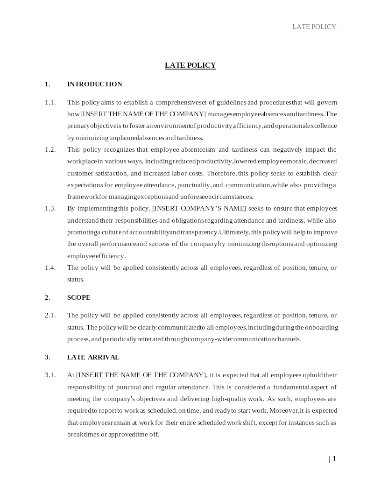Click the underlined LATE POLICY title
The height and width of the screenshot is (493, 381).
[x=190, y=65]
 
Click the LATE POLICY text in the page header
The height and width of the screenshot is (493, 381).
[x=314, y=27]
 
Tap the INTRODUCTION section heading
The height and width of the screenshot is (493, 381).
[x=95, y=84]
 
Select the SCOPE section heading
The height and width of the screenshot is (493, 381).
[x=79, y=297]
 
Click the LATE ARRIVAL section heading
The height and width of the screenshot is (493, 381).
[x=93, y=357]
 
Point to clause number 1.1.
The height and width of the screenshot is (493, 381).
[x=50, y=102]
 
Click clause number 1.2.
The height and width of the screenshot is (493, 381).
[x=50, y=149]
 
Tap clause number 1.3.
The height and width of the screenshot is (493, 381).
[x=50, y=208]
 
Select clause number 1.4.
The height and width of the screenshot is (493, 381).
[x=50, y=268]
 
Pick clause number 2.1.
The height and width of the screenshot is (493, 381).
[x=50, y=315]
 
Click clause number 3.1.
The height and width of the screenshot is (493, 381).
[x=50, y=375]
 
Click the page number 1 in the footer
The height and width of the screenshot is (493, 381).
[x=334, y=459]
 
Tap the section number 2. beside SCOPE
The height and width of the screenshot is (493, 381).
[x=48, y=297]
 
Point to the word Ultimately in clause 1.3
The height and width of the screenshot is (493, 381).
[x=234, y=232]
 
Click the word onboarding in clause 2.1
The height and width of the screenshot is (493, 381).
[x=322, y=327]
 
